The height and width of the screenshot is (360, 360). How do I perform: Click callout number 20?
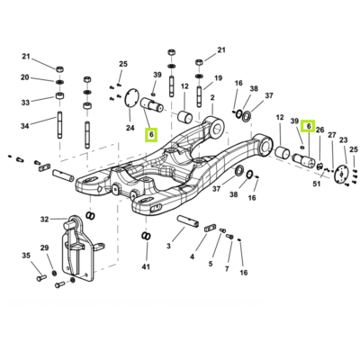click(25, 77)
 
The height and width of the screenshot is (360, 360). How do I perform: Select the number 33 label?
click(25, 103)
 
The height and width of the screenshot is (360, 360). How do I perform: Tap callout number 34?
click(25, 126)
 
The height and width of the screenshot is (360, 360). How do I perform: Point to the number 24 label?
click(130, 128)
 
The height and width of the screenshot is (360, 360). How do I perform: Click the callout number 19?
click(218, 78)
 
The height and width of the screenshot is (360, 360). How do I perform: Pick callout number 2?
click(212, 98)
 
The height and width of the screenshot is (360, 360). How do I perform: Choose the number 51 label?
click(317, 184)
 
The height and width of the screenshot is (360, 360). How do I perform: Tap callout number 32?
click(44, 220)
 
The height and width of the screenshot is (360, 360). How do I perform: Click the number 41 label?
click(146, 266)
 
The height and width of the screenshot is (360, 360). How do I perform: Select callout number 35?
click(26, 256)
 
